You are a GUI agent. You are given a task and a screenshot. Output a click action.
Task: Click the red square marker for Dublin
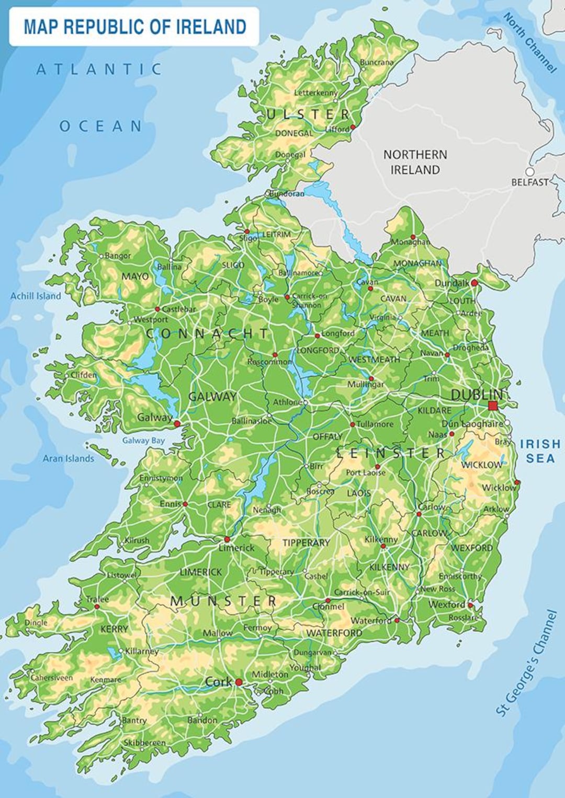(x=492, y=406)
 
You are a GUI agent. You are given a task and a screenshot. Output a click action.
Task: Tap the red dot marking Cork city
(x=239, y=682)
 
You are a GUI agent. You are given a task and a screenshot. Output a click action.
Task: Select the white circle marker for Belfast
(x=530, y=172)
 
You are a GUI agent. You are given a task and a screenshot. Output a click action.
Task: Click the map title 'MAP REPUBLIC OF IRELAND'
(x=134, y=27)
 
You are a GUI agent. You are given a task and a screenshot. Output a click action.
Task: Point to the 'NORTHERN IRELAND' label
(x=415, y=162)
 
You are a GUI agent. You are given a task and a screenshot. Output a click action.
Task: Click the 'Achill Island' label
(x=36, y=296)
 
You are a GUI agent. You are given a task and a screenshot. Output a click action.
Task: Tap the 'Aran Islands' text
(x=69, y=458)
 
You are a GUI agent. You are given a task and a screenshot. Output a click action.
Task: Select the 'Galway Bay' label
(x=143, y=441)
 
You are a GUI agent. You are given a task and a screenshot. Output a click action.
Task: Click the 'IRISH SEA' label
(x=540, y=451)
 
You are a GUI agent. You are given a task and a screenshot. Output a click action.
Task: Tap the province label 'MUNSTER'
(x=223, y=601)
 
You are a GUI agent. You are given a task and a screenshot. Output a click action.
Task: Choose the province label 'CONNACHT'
(x=207, y=333)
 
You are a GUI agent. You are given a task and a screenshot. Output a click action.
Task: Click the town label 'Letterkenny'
(x=315, y=92)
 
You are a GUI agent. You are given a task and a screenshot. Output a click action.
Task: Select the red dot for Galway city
(x=177, y=423)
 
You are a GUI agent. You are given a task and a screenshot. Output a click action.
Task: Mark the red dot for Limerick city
(x=227, y=539)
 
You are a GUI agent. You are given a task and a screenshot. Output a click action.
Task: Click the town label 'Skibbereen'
(x=144, y=743)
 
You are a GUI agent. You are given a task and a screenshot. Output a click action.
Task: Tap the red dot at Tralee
(x=97, y=607)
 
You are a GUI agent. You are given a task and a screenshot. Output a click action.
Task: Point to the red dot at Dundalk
(x=474, y=283)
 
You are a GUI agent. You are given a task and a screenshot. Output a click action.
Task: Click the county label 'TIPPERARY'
(x=306, y=542)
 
